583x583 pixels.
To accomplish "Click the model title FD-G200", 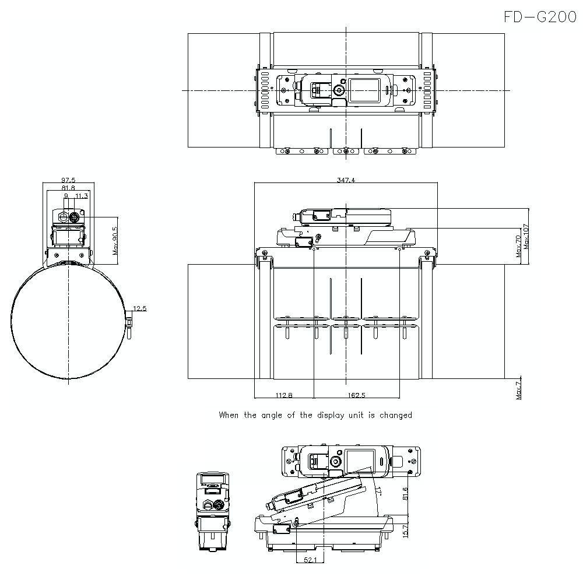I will (x=539, y=17).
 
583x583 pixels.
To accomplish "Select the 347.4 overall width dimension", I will (x=346, y=180).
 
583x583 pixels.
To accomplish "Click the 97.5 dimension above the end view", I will (x=69, y=181).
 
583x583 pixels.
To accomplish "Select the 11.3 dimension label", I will (x=82, y=196).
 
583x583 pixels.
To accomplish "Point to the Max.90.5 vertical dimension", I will (x=115, y=240).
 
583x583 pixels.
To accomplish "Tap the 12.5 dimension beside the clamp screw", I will (x=140, y=308).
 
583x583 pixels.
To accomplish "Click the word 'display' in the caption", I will (x=333, y=415).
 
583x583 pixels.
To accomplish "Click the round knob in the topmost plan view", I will (x=338, y=91).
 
